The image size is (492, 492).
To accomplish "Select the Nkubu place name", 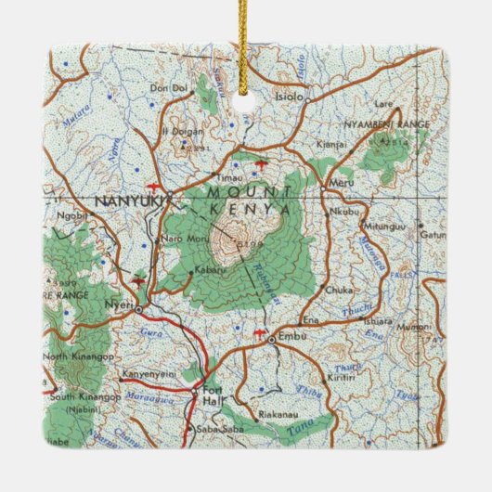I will click(x=343, y=210).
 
